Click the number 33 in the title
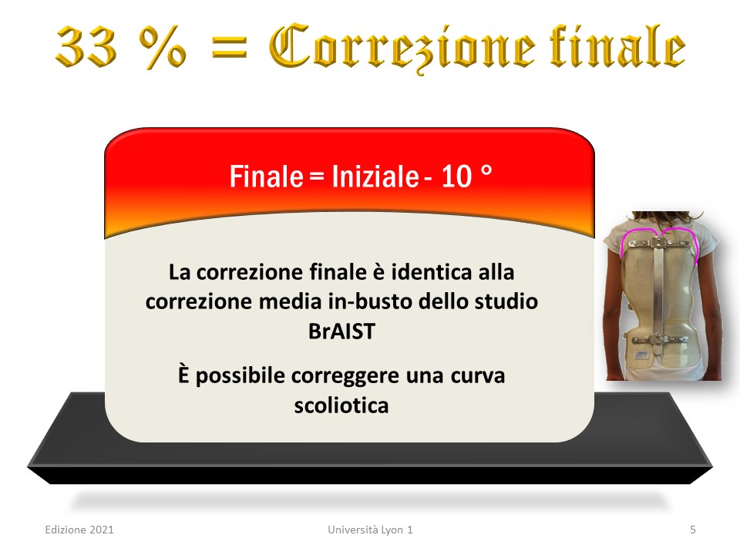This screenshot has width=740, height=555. [86, 47]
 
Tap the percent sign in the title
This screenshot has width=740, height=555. [163, 47]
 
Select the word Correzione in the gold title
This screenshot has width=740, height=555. [402, 48]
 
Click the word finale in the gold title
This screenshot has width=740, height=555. [617, 45]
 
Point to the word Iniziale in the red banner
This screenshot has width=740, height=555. [375, 177]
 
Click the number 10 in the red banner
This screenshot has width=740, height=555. [456, 177]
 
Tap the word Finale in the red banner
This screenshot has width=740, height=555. [266, 177]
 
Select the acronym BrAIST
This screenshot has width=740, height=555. [341, 331]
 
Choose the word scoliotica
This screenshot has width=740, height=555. [341, 405]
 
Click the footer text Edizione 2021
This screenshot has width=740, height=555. [79, 530]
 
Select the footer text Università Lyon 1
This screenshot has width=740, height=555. [371, 530]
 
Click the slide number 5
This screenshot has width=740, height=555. [693, 530]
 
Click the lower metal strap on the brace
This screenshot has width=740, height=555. [658, 339]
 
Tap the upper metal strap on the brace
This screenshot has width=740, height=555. [658, 243]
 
